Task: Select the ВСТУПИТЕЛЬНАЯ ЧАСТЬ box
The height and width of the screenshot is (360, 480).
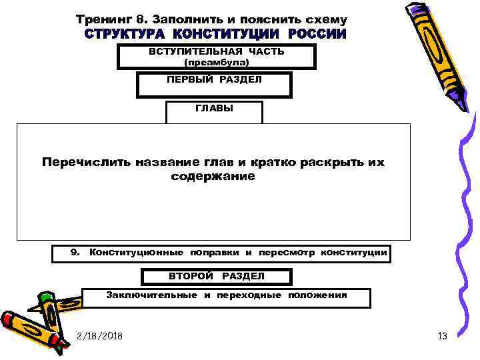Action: (x=216, y=57)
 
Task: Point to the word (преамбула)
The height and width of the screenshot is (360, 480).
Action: (x=216, y=63)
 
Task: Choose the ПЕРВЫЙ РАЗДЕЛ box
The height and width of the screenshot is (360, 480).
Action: (x=214, y=85)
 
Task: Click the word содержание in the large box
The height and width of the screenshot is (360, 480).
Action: (x=213, y=176)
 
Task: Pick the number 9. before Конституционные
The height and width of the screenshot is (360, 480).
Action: (x=75, y=253)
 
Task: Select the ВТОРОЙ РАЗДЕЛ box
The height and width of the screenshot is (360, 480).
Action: (x=215, y=277)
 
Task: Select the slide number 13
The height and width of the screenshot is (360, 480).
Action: (x=442, y=335)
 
